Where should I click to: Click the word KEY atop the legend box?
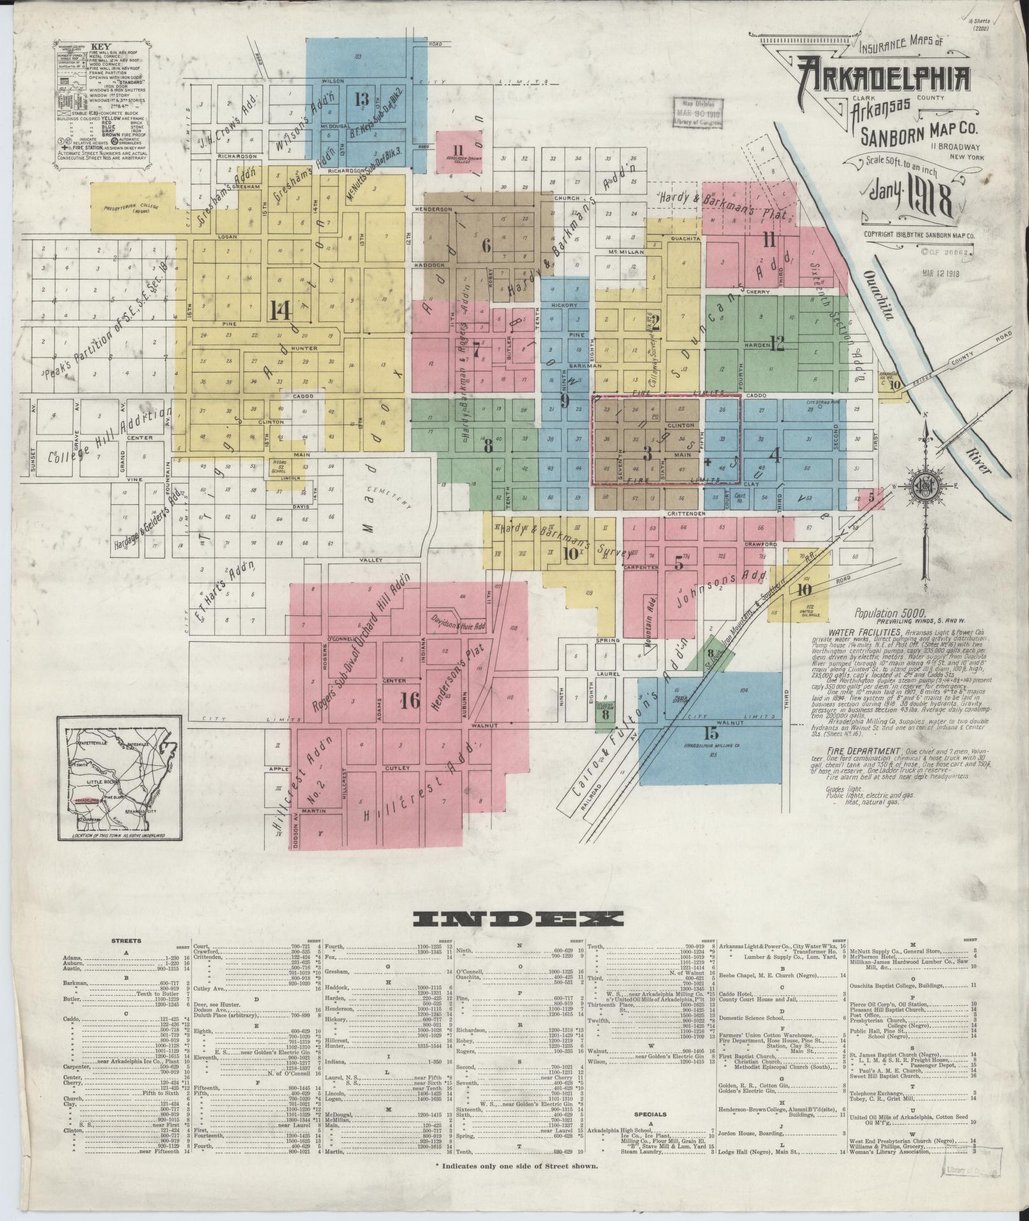point(101,47)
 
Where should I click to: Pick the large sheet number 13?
point(362,99)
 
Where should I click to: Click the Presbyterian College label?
point(134,209)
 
